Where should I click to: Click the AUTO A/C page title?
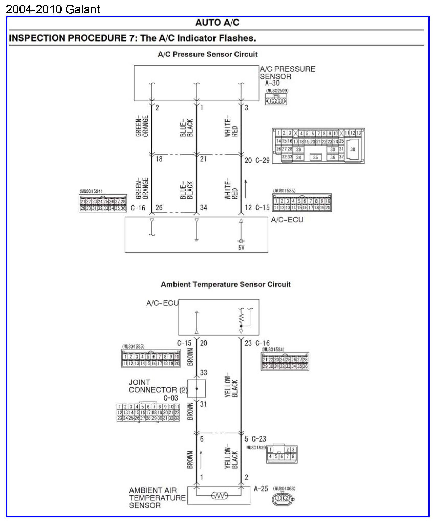217,23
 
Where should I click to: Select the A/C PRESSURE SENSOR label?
287,73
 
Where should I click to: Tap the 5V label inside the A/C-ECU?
241,248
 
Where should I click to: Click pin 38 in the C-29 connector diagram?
353,149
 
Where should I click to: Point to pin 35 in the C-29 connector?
315,157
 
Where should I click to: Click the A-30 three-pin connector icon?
276,101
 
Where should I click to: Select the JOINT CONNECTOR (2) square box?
197,388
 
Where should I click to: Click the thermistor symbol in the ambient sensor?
219,496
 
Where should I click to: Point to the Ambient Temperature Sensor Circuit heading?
226,284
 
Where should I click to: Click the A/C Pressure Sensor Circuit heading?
208,54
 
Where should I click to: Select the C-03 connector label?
171,398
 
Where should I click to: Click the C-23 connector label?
259,439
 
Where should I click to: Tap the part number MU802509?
277,91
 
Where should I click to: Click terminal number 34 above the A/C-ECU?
203,208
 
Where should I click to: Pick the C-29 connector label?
262,160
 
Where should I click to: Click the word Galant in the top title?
83,9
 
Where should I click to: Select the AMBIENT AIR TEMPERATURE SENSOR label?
157,498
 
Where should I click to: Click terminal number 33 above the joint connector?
203,373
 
